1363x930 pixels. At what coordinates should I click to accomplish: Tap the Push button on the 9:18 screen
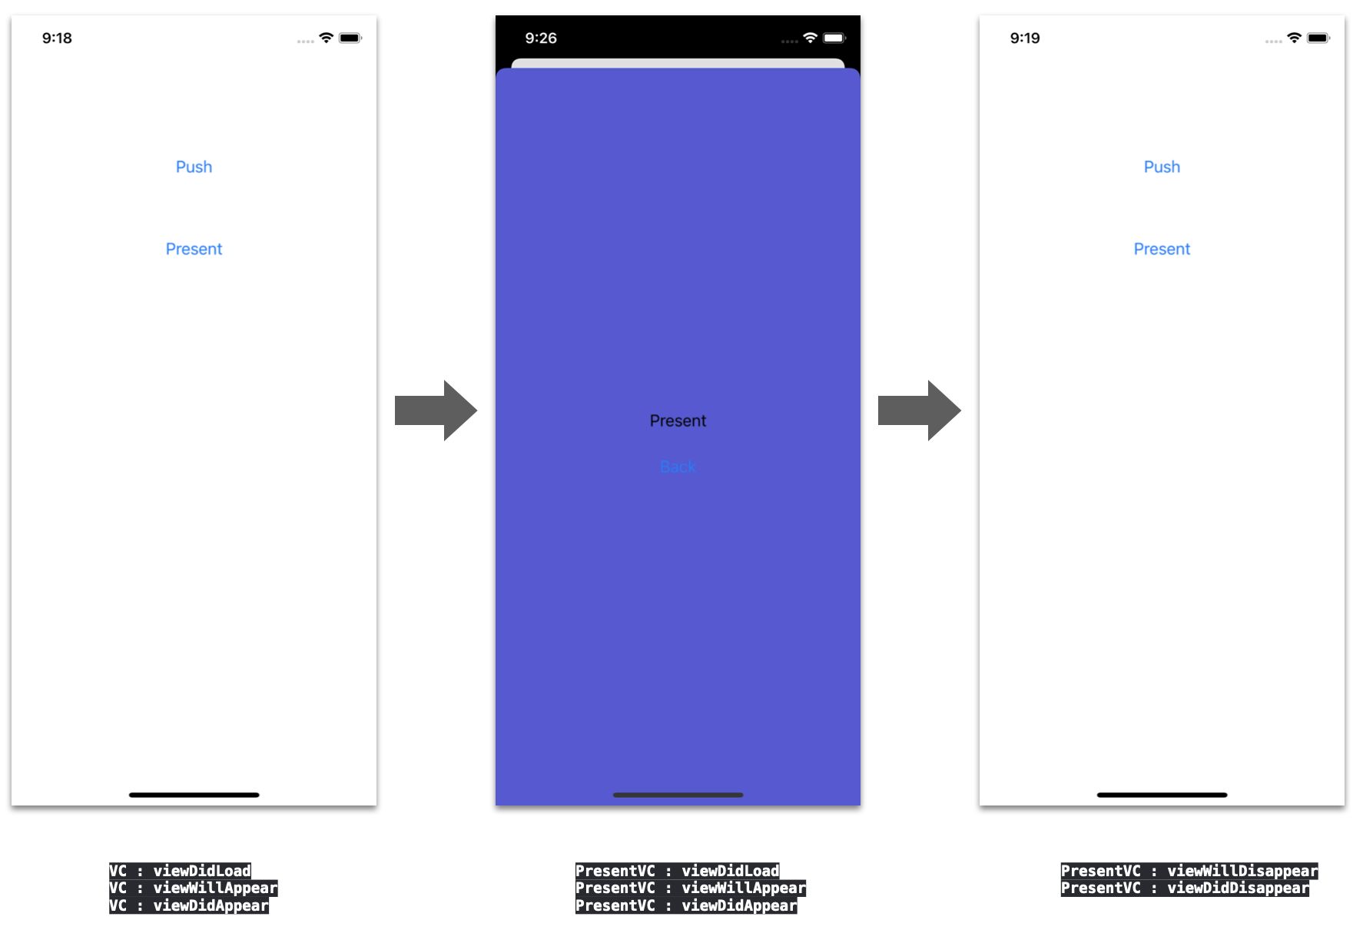pyautogui.click(x=194, y=167)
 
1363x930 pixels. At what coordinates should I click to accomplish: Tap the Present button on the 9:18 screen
pyautogui.click(x=194, y=249)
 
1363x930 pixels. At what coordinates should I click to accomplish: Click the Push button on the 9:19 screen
pyautogui.click(x=1162, y=167)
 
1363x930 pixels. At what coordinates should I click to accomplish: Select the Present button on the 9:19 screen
pyautogui.click(x=1162, y=249)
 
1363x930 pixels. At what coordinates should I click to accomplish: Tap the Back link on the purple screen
pyautogui.click(x=678, y=467)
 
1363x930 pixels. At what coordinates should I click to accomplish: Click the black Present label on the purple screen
pyautogui.click(x=678, y=421)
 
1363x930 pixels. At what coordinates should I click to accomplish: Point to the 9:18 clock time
pyautogui.click(x=57, y=38)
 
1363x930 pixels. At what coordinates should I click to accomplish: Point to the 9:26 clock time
pyautogui.click(x=541, y=38)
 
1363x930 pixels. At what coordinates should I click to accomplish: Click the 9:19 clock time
pyautogui.click(x=1025, y=38)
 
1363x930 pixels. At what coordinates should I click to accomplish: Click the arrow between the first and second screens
pyautogui.click(x=436, y=410)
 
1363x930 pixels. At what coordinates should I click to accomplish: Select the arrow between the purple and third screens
pyautogui.click(x=919, y=410)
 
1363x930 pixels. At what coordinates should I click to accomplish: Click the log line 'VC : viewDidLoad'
pyautogui.click(x=180, y=871)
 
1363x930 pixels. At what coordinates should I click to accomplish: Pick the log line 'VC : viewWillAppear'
pyautogui.click(x=193, y=888)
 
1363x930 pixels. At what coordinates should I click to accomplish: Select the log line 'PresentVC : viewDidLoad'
pyautogui.click(x=677, y=871)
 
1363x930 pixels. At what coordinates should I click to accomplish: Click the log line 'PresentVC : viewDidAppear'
pyautogui.click(x=686, y=906)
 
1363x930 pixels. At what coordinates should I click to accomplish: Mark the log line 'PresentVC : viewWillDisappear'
pyautogui.click(x=1189, y=871)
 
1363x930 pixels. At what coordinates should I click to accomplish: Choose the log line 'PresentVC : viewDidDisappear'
pyautogui.click(x=1185, y=888)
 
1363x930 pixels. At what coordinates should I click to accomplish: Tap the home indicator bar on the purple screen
pyautogui.click(x=678, y=795)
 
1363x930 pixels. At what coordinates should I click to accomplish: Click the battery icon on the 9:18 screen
pyautogui.click(x=350, y=38)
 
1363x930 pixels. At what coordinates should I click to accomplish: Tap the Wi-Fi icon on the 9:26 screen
pyautogui.click(x=810, y=38)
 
